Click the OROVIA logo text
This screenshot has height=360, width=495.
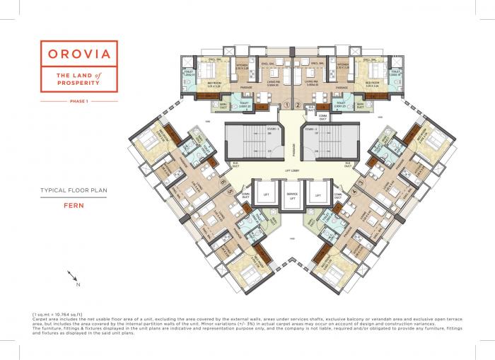pos(78,54)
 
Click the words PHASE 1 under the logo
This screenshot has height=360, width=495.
pos(78,103)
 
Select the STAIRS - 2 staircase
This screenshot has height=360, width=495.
pos(330,142)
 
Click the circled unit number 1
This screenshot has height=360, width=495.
pos(286,105)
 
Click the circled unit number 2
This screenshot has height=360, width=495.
pos(298,105)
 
